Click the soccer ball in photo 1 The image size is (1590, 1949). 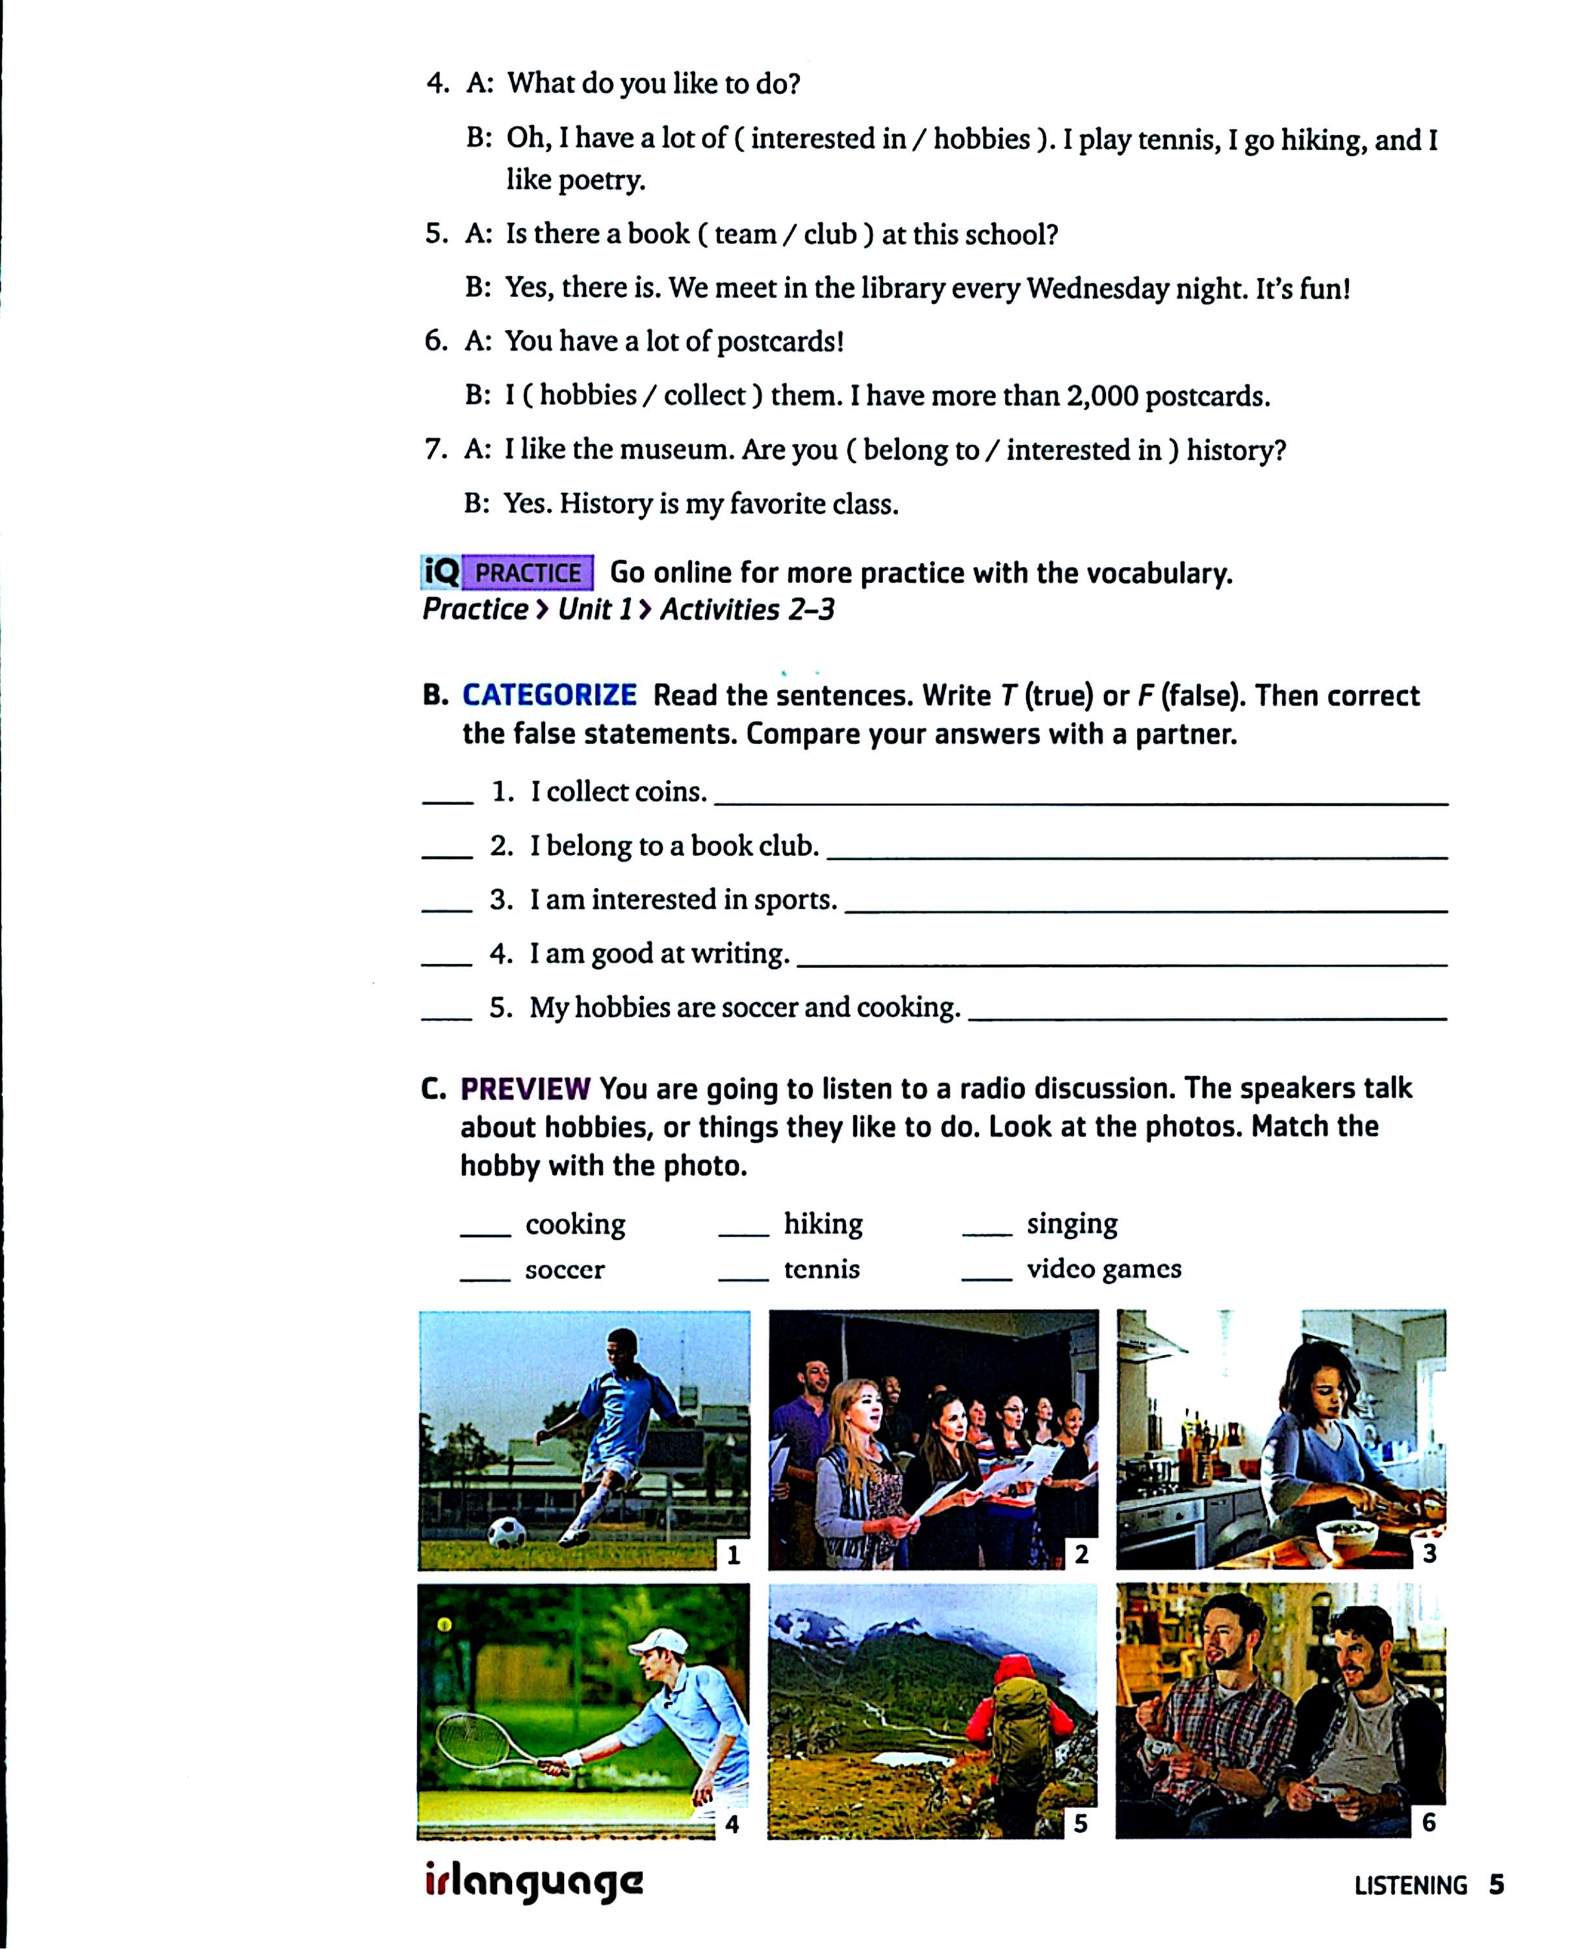click(x=506, y=1533)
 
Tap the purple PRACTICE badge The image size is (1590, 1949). click(x=528, y=574)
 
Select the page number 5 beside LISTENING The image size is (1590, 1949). click(x=1496, y=1885)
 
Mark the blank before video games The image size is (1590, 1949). click(x=986, y=1279)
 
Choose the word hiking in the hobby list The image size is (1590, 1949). click(x=823, y=1225)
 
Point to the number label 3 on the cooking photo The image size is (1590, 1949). click(x=1429, y=1553)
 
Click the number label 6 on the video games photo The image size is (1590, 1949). click(x=1429, y=1822)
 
